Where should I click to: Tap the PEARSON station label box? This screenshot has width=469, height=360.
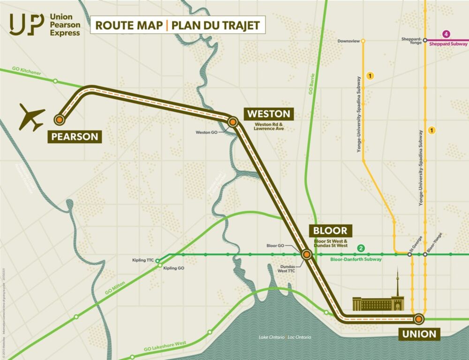coord(75,137)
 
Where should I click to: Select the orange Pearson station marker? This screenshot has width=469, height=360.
coord(59,120)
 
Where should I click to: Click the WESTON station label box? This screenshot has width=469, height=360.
coord(269,114)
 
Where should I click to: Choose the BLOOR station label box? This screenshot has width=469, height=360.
coord(330,230)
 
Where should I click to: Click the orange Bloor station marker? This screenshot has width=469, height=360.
coord(306,254)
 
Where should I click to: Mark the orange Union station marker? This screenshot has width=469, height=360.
coord(418,319)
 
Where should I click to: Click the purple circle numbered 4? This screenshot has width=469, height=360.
coord(446,34)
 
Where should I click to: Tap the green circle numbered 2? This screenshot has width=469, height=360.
coord(361,248)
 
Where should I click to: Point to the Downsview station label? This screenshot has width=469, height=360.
coord(348,41)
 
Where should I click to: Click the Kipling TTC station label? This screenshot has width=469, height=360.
coord(144,260)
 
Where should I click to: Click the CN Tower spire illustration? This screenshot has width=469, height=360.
coord(397,284)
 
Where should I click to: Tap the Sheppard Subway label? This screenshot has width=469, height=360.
coord(449,44)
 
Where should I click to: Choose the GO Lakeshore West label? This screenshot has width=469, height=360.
coord(162,346)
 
